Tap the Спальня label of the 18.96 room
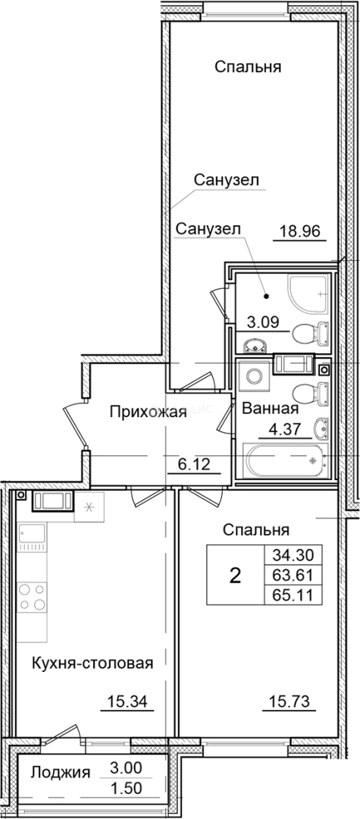(248, 67)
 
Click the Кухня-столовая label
(93, 663)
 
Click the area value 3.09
(262, 322)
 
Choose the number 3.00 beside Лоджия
(126, 768)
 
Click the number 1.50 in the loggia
(126, 789)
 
